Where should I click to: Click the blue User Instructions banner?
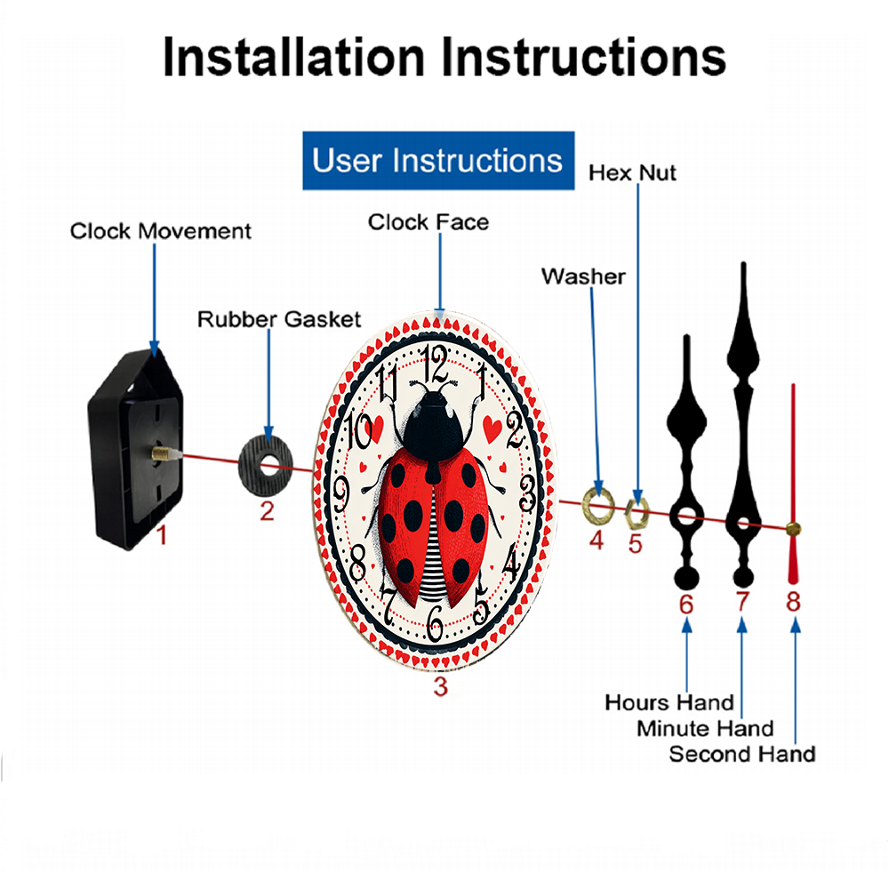438,160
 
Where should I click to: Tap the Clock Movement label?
160,231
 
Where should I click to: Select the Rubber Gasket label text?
279,319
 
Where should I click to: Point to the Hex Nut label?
632,173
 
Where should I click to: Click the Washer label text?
583,276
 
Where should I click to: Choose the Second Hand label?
742,754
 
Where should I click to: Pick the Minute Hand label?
705,729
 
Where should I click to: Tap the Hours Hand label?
669,702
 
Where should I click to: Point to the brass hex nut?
637,513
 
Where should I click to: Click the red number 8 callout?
793,602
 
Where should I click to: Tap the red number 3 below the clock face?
441,686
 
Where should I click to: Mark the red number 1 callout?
162,535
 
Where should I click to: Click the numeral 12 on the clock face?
436,364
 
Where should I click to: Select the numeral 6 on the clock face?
435,622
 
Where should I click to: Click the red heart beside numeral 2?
493,429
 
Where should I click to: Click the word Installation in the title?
293,57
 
